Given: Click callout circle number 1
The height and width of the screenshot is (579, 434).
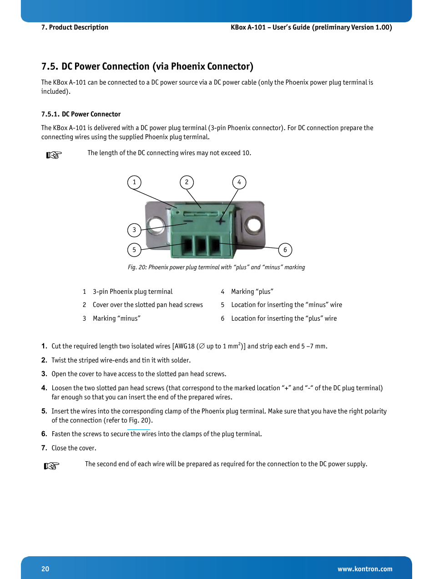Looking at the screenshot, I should point(134,182).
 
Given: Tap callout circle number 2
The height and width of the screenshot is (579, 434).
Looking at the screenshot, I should point(187,182).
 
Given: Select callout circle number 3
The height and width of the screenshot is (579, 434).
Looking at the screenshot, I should point(134,230).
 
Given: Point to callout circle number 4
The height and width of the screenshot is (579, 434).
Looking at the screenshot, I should point(239,182).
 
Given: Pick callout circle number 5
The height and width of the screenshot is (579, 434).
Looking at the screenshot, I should point(134,250).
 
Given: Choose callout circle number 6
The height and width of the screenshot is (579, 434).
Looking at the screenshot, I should point(285,250).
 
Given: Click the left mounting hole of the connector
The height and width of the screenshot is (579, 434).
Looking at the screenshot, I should point(156,224).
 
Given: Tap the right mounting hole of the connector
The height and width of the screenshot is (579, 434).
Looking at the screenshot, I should point(253,224).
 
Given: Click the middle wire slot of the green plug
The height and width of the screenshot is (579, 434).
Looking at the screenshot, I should point(201,246).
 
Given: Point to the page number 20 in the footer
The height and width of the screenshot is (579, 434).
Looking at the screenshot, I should point(45,569).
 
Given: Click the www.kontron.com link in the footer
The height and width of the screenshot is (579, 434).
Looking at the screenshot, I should point(365,569).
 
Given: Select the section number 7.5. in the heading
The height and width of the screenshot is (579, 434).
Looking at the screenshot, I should point(50,66).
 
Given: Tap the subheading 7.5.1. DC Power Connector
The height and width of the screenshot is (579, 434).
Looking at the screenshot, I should point(81,114).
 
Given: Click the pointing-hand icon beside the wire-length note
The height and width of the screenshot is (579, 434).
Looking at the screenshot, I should point(54,155).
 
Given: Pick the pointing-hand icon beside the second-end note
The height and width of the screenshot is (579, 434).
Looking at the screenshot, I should point(51,466).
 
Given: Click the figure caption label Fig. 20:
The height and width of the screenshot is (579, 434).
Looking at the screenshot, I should point(137,267).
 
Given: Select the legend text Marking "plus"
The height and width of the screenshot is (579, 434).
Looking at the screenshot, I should point(252,292).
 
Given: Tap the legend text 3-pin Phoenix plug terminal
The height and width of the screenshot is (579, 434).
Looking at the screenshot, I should point(132,292).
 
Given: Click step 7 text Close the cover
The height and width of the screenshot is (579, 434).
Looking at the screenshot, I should point(74,448).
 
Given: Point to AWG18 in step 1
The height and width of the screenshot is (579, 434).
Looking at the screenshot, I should point(185,346).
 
